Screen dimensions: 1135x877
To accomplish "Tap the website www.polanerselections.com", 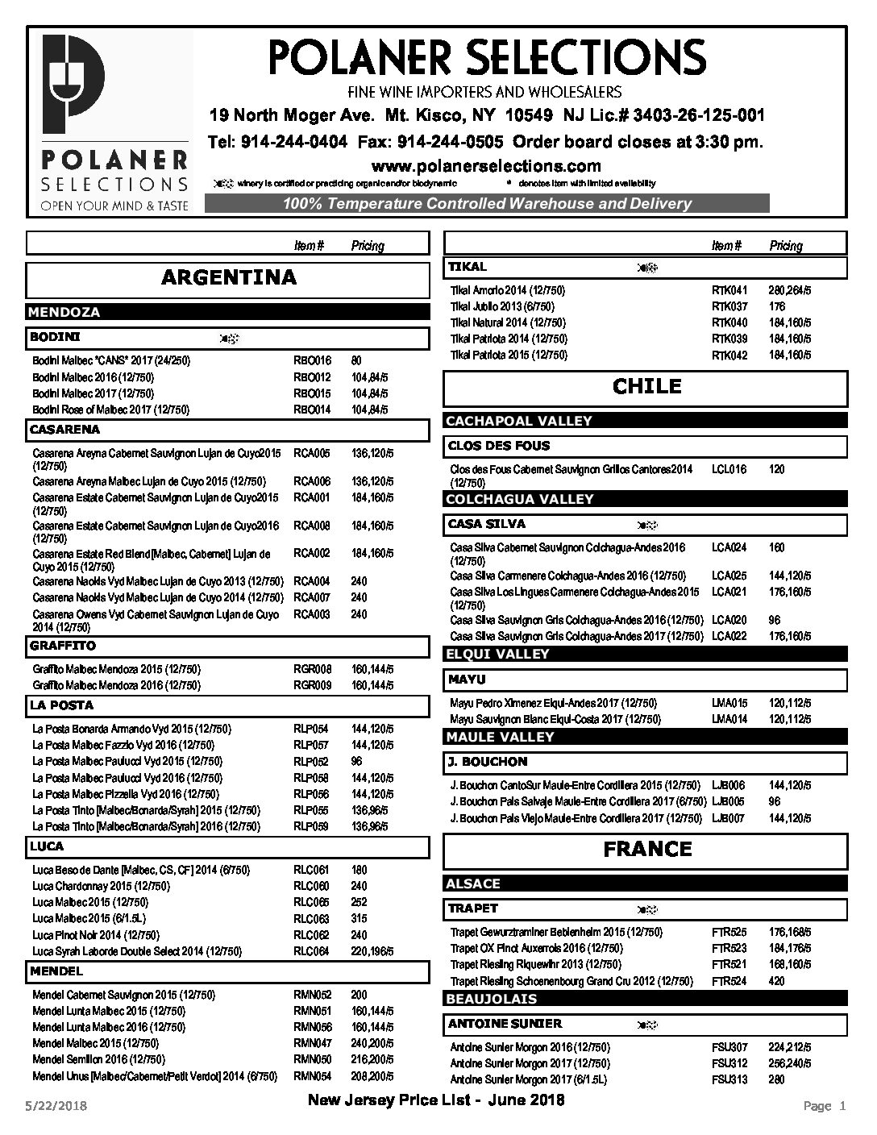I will click(485, 166).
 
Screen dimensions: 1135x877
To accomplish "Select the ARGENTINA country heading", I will click(229, 278).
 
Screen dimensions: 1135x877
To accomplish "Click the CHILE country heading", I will click(646, 386).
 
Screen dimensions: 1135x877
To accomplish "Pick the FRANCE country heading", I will click(646, 849).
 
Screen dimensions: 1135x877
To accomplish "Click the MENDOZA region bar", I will click(64, 312).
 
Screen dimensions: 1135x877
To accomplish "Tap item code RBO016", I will click(312, 361).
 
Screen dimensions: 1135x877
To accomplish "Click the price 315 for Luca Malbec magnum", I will click(359, 919).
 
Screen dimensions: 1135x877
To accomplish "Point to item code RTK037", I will click(729, 306).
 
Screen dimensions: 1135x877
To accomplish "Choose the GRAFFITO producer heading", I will click(63, 646).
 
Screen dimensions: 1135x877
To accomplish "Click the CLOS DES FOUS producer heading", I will click(499, 446).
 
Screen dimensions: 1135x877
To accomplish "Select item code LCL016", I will click(729, 469).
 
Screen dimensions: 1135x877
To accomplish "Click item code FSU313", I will click(729, 1080).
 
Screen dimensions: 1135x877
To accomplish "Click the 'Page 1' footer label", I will click(824, 1106).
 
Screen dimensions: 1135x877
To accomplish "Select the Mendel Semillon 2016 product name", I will click(98, 1059).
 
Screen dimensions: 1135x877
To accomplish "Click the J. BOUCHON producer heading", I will click(488, 762).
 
